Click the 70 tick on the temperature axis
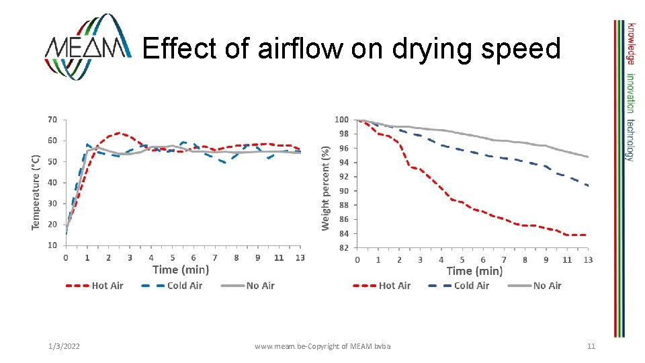pyautogui.click(x=52, y=120)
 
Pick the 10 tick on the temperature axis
pyautogui.click(x=52, y=245)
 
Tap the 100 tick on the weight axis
pyautogui.click(x=341, y=120)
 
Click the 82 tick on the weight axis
pyautogui.click(x=343, y=247)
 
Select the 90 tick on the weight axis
pyautogui.click(x=343, y=191)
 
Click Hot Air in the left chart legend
pyautogui.click(x=107, y=286)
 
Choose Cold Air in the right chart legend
pyautogui.click(x=472, y=286)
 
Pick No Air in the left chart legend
pyautogui.click(x=260, y=286)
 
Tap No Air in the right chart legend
pyautogui.click(x=547, y=286)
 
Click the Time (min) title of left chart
pyautogui.click(x=181, y=270)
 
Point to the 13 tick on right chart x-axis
pyautogui.click(x=588, y=259)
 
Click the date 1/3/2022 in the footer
pyautogui.click(x=64, y=346)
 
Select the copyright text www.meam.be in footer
pyautogui.click(x=322, y=346)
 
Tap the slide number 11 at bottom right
pyautogui.click(x=591, y=346)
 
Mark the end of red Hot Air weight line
pyautogui.click(x=587, y=235)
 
